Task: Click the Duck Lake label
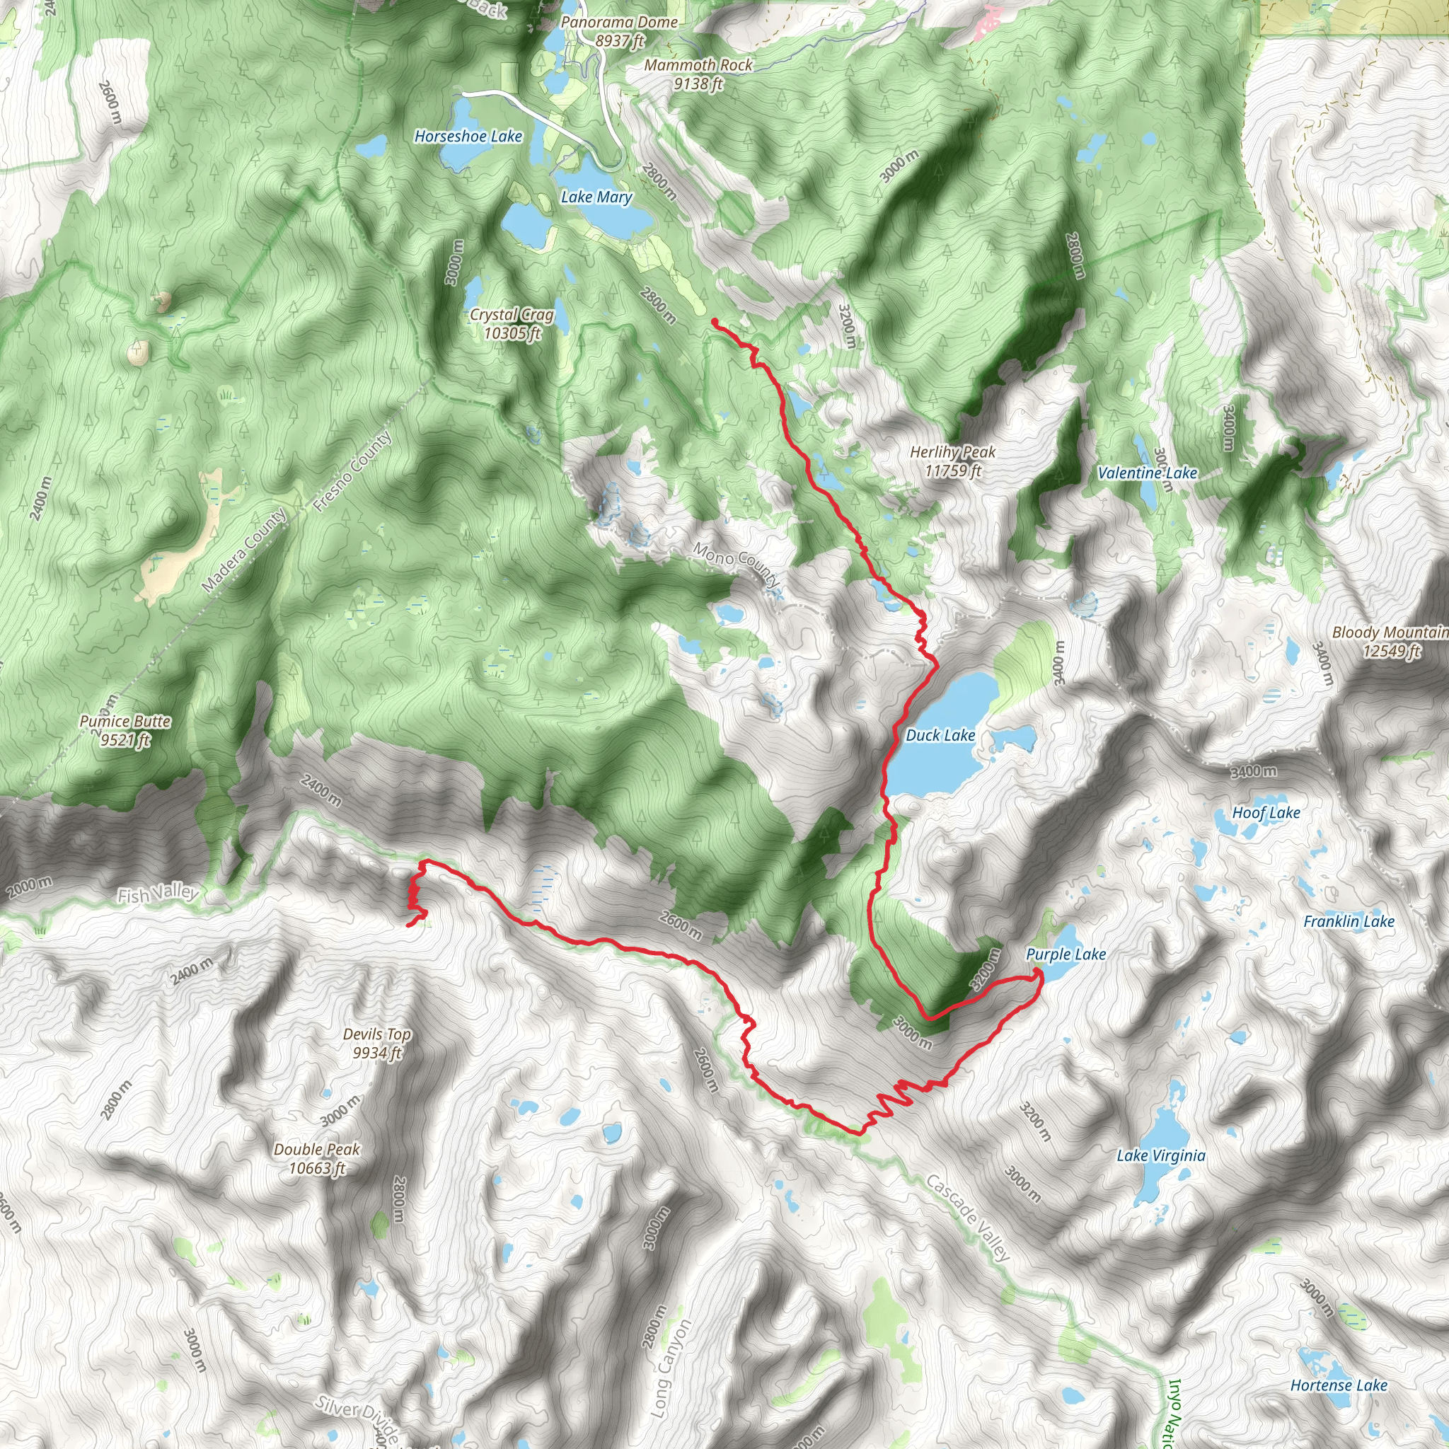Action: point(940,736)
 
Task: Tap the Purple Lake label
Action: point(1065,954)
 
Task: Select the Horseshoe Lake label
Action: point(468,137)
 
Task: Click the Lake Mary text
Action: point(596,197)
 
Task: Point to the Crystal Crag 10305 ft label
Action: point(512,324)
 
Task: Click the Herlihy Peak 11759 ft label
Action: point(952,461)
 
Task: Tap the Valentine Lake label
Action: point(1147,473)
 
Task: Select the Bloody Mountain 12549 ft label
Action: point(1390,641)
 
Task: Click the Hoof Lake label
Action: point(1266,812)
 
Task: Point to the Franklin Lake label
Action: point(1349,921)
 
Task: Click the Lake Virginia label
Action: point(1161,1156)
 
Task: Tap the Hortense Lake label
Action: point(1338,1385)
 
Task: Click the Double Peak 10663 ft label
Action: point(316,1158)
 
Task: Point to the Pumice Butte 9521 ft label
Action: point(125,730)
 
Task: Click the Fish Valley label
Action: point(158,894)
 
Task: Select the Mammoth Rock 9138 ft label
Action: point(698,74)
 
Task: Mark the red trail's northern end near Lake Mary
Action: point(713,322)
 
